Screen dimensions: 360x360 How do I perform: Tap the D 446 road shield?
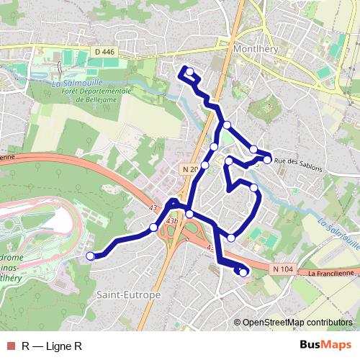pyautogui.click(x=104, y=51)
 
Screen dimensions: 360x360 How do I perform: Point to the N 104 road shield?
pyautogui.click(x=284, y=268)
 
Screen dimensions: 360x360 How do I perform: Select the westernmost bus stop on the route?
pyautogui.click(x=90, y=256)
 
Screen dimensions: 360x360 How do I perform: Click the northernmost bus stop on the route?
pyautogui.click(x=189, y=71)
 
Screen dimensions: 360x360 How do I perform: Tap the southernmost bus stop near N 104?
pyautogui.click(x=243, y=271)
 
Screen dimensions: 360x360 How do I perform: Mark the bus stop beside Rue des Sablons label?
pyautogui.click(x=267, y=159)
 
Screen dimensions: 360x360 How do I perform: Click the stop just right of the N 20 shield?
pyautogui.click(x=205, y=166)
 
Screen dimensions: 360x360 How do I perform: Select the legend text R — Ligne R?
pyautogui.click(x=51, y=346)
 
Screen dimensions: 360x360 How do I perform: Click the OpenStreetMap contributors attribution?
pyautogui.click(x=297, y=323)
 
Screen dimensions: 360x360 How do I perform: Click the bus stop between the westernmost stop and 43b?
pyautogui.click(x=153, y=228)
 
